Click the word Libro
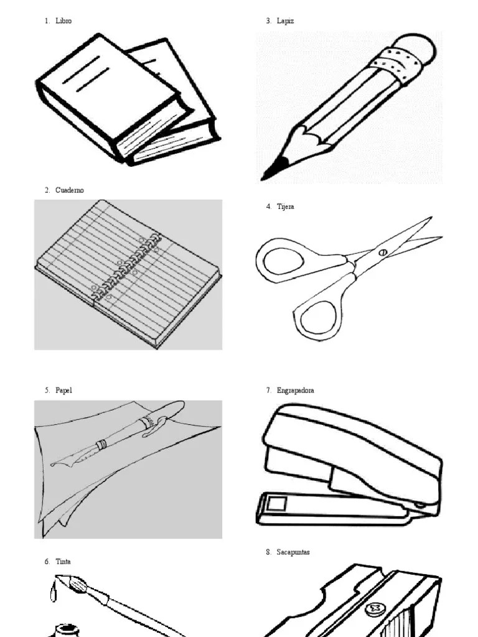pyautogui.click(x=63, y=21)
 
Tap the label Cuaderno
pyautogui.click(x=69, y=190)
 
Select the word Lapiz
pyautogui.click(x=286, y=21)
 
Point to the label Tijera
pyautogui.click(x=286, y=207)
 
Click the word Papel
pyautogui.click(x=64, y=391)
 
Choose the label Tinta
pyautogui.click(x=63, y=562)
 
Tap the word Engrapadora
pyautogui.click(x=296, y=391)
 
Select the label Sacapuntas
pyautogui.click(x=293, y=552)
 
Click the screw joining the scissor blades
pyautogui.click(x=382, y=252)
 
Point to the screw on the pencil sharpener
pyautogui.click(x=375, y=607)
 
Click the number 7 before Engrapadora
pyautogui.click(x=268, y=391)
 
